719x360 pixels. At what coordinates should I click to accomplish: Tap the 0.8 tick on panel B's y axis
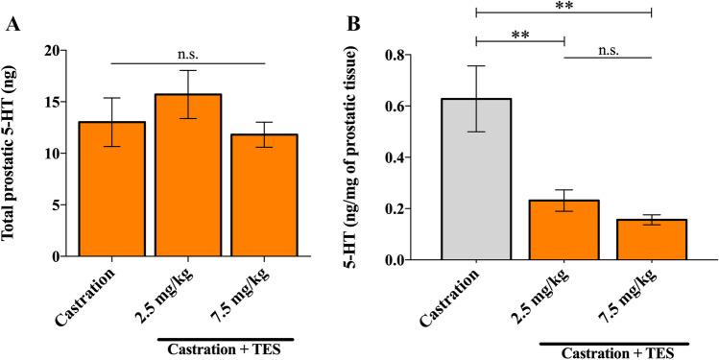[415, 55]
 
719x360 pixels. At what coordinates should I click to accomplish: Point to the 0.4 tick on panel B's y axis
[415, 157]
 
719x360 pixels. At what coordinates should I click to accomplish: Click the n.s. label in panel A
[188, 53]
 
